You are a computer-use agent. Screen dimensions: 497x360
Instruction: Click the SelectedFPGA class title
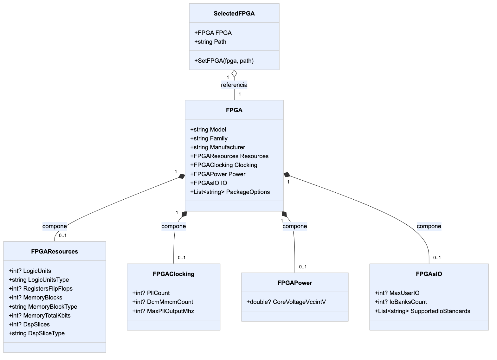(x=234, y=14)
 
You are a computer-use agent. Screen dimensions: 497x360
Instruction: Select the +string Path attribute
(x=210, y=42)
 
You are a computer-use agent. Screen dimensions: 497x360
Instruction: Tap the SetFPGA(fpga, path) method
(x=224, y=61)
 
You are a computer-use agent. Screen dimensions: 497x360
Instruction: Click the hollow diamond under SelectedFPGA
(x=234, y=74)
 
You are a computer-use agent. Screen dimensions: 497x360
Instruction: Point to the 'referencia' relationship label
(x=234, y=85)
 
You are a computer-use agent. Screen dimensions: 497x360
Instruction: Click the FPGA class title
(x=234, y=110)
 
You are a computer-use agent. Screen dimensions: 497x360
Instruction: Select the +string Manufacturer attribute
(x=218, y=147)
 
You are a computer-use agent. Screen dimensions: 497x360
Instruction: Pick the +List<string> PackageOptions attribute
(x=230, y=192)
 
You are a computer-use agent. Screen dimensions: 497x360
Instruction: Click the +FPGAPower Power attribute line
(x=218, y=174)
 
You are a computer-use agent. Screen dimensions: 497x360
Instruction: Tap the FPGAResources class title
(x=55, y=252)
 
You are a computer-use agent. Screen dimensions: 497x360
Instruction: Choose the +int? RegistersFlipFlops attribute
(x=41, y=289)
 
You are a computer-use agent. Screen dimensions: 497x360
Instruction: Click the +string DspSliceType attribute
(x=37, y=333)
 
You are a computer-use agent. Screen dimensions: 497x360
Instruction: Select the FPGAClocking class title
(x=173, y=274)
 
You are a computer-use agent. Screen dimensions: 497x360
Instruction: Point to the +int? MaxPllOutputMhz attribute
(x=163, y=311)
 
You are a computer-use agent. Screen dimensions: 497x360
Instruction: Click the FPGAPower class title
(x=295, y=283)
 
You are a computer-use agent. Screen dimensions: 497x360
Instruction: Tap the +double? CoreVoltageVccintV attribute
(x=286, y=302)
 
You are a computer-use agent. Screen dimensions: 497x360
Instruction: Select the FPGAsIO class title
(x=429, y=274)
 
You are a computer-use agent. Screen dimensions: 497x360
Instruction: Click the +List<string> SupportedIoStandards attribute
(x=423, y=311)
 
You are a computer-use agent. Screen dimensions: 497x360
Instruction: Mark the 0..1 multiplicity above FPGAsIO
(x=437, y=258)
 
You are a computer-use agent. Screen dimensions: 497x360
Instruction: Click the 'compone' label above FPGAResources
(x=55, y=226)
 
